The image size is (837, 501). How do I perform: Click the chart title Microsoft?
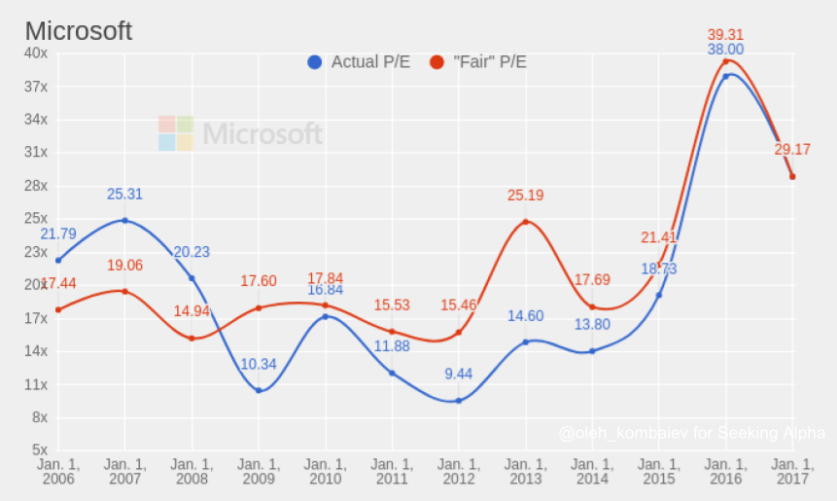tap(78, 31)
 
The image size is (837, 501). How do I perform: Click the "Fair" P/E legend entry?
tap(478, 62)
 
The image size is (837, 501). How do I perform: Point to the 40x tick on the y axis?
tap(36, 53)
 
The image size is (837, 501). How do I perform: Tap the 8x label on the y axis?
tap(39, 417)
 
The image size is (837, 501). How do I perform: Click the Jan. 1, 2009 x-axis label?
tap(259, 472)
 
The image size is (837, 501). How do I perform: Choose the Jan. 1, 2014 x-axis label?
tap(592, 472)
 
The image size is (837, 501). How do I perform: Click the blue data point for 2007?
tap(124, 220)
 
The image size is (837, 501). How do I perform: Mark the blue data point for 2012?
tap(458, 400)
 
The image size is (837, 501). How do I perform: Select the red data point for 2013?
tap(525, 222)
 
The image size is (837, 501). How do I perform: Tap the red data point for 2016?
tap(725, 61)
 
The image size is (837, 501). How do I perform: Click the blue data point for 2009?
tap(259, 390)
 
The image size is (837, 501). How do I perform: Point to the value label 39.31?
tap(725, 33)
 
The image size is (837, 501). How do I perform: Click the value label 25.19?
tap(525, 196)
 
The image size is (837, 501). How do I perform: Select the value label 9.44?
tap(458, 374)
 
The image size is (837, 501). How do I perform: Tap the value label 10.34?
tap(259, 364)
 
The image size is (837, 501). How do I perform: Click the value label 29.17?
tap(792, 150)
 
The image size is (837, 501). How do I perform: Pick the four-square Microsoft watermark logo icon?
tap(176, 133)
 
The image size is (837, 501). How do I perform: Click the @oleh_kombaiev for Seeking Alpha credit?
tap(692, 433)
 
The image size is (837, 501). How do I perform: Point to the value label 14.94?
tap(192, 312)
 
